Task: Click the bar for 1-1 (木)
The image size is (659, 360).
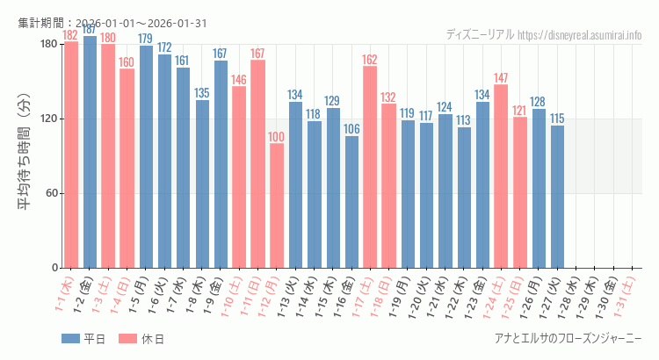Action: pos(71,154)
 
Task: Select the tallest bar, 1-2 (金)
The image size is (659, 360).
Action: pos(90,151)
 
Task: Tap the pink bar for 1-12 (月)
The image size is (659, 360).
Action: pos(277,205)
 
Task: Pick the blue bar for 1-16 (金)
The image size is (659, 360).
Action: pos(351,202)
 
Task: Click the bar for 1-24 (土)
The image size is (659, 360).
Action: pos(501,176)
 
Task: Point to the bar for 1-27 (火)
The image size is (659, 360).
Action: pos(557,196)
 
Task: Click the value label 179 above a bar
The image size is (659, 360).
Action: pos(146,39)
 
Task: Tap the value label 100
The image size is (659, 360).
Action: pos(277,137)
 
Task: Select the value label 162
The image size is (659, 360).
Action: pos(370,60)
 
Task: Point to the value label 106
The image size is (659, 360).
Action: pos(351,129)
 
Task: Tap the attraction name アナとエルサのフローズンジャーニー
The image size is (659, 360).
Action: pos(568,339)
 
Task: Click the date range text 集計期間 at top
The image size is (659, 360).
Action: pos(112,23)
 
